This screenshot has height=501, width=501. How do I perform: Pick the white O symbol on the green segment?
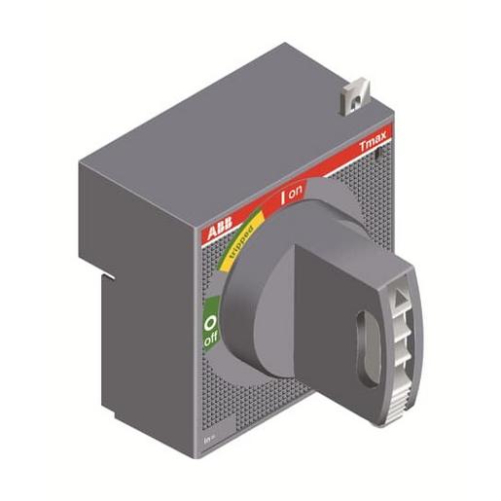coord(210,320)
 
